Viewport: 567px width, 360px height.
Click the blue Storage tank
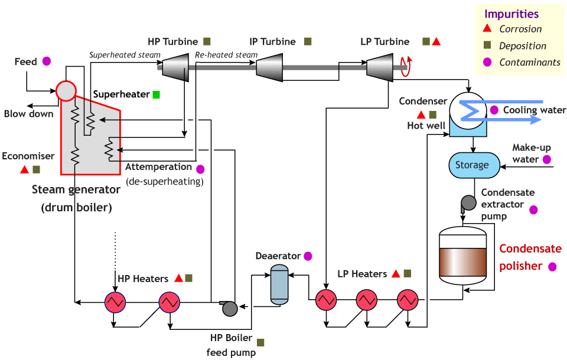(x=471, y=165)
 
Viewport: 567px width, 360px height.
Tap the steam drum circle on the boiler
(x=66, y=90)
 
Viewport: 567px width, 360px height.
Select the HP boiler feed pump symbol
(x=229, y=306)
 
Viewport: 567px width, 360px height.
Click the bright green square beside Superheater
(x=156, y=94)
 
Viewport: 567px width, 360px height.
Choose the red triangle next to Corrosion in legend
(x=487, y=29)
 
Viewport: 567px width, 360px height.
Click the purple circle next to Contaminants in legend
(x=487, y=62)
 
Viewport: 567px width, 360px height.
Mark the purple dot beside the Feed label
(x=47, y=60)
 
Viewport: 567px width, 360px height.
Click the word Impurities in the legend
(x=511, y=14)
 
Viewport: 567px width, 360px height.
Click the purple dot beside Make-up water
(x=547, y=159)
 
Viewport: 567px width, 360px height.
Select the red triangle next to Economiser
(x=24, y=170)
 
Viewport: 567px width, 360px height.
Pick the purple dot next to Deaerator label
(x=307, y=256)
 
